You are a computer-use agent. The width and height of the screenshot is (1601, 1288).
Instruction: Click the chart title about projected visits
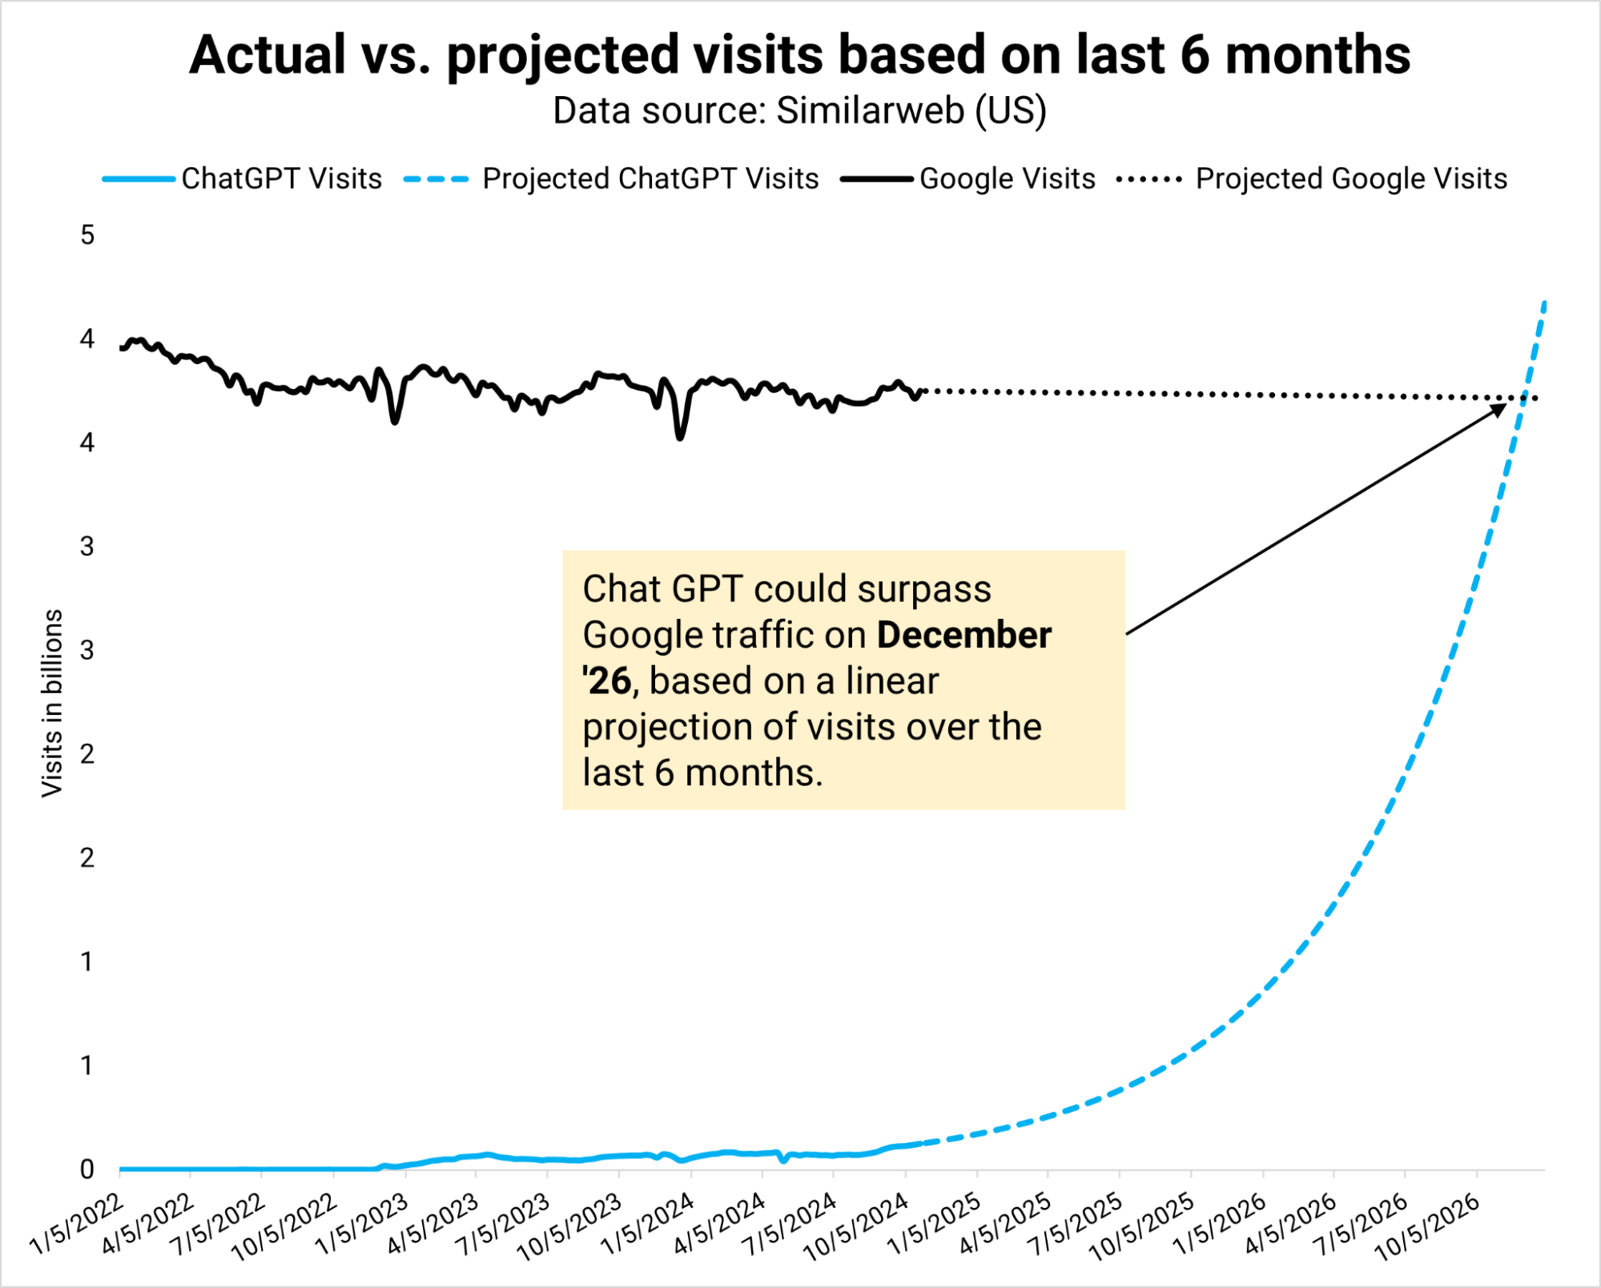click(799, 56)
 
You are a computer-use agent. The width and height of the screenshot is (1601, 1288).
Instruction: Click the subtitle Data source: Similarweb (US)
click(799, 111)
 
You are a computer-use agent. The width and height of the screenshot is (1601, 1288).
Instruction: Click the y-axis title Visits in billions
click(52, 703)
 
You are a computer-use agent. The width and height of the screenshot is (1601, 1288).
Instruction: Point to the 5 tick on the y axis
click(87, 235)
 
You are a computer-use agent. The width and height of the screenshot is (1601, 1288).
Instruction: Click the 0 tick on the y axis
click(87, 1170)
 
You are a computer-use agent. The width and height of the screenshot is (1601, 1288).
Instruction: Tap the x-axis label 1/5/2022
click(78, 1223)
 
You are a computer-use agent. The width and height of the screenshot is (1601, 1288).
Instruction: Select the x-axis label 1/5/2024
click(649, 1223)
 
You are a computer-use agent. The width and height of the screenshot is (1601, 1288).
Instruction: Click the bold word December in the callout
click(964, 636)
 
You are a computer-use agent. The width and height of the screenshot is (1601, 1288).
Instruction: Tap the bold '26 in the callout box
click(607, 681)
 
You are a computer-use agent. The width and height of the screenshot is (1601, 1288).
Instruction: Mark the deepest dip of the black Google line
click(680, 437)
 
